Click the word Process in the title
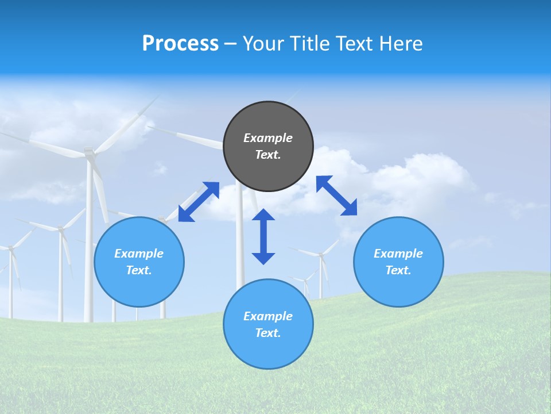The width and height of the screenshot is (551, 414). pos(180,44)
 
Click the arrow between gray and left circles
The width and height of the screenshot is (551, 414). pos(199,202)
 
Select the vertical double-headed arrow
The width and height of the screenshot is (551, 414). pos(263,236)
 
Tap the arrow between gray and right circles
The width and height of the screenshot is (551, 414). pos(336,195)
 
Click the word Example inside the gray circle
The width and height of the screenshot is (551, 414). pos(268,138)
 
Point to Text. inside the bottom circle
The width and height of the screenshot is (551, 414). pos(268,333)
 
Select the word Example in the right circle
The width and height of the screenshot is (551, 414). pos(398,254)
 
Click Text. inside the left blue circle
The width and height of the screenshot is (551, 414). pos(139,270)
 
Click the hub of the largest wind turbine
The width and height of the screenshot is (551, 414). pos(89,152)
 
